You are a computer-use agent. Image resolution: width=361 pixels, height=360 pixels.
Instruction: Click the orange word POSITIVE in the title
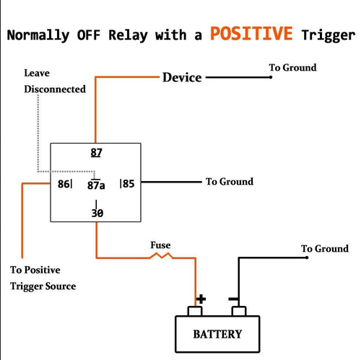pyautogui.click(x=251, y=33)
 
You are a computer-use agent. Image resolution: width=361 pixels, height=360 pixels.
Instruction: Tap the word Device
pyautogui.click(x=182, y=77)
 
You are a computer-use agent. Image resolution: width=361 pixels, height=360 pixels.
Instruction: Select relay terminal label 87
pyautogui.click(x=96, y=152)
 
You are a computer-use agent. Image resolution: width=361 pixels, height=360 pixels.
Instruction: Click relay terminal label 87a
pyautogui.click(x=96, y=185)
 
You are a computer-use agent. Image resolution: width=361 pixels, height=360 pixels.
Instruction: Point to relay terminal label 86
pyautogui.click(x=64, y=184)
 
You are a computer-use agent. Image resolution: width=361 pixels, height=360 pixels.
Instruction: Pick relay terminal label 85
pyautogui.click(x=129, y=184)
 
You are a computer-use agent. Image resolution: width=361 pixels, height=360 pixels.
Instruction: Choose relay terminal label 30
pyautogui.click(x=97, y=213)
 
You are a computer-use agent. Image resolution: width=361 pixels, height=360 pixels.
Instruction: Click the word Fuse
pyautogui.click(x=160, y=245)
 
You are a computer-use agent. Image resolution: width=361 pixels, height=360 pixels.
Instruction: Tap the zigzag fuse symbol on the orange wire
pyautogui.click(x=161, y=255)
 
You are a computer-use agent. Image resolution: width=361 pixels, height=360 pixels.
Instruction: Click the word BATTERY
pyautogui.click(x=217, y=334)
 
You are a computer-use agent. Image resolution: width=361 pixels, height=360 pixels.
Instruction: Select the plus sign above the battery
pyautogui.click(x=201, y=299)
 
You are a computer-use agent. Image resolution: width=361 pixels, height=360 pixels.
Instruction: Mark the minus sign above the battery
pyautogui.click(x=233, y=299)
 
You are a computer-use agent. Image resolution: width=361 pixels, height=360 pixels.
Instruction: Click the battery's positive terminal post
pyautogui.click(x=195, y=311)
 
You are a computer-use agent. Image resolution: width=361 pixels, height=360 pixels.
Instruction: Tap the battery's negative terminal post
pyautogui.click(x=239, y=311)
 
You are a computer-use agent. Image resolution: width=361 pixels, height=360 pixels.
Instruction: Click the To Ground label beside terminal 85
pyautogui.click(x=230, y=182)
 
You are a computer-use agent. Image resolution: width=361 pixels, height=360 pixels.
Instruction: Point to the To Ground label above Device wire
pyautogui.click(x=292, y=68)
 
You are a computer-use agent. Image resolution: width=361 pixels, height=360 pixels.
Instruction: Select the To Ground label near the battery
pyautogui.click(x=325, y=249)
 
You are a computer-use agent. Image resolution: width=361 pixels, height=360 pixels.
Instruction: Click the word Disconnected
pyautogui.click(x=55, y=89)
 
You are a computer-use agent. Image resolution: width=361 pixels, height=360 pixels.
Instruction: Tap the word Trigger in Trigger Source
pyautogui.click(x=27, y=286)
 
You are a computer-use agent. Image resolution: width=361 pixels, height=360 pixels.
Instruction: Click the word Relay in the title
pyautogui.click(x=128, y=35)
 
